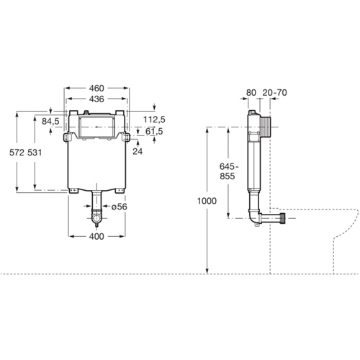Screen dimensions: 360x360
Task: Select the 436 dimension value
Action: (98, 98)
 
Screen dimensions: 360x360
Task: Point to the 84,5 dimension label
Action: (51, 121)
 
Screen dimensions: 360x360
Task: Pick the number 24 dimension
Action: (138, 151)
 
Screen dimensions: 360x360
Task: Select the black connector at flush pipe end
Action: (289, 217)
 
